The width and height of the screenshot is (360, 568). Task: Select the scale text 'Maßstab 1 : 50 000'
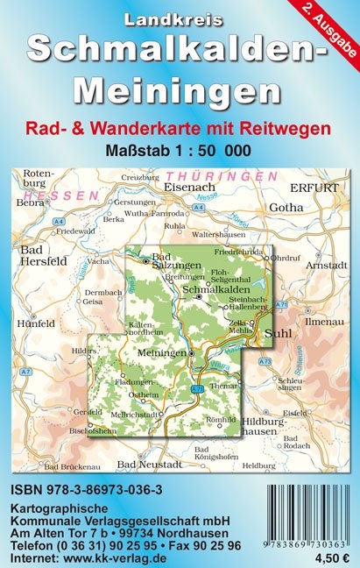pyautogui.click(x=180, y=149)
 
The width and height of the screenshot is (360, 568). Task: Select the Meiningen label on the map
pyautogui.click(x=163, y=352)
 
